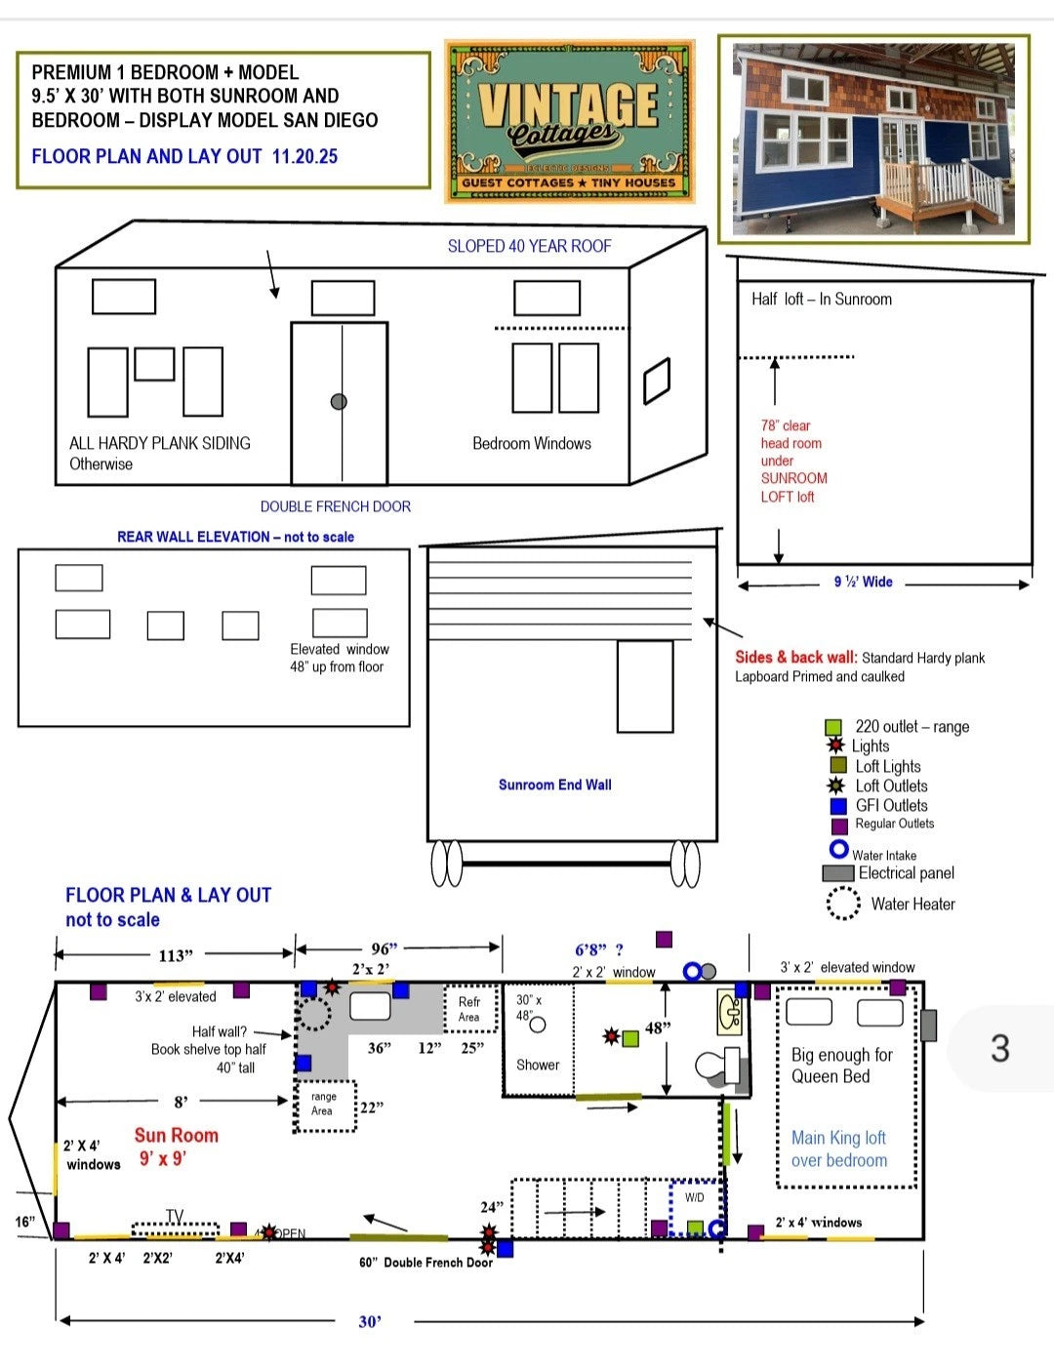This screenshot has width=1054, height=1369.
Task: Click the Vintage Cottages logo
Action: point(569,122)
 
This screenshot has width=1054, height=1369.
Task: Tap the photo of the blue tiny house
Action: point(873,140)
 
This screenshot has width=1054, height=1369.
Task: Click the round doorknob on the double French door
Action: point(339,402)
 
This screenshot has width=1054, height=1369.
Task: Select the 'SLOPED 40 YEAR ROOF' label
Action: point(529,246)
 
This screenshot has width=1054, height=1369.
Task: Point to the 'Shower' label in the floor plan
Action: point(538,1065)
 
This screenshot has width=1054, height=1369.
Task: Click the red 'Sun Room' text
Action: point(176,1135)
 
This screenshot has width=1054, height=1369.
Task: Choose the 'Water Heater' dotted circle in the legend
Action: point(843,904)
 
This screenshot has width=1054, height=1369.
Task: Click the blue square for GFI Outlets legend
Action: point(837,806)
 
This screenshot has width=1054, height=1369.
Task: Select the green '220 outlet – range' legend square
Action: point(832,727)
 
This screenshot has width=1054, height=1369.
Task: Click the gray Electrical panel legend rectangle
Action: point(837,873)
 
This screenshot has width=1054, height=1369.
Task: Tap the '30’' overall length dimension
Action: point(370,1321)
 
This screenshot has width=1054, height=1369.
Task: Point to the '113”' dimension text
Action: point(176,954)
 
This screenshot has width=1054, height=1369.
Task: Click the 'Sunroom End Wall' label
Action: point(554,785)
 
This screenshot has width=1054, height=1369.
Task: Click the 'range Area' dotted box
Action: point(326,1105)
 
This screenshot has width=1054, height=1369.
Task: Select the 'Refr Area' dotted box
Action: point(469,1010)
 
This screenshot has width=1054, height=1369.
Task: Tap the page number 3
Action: point(999,1048)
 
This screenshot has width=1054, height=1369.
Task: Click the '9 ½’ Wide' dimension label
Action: point(863,582)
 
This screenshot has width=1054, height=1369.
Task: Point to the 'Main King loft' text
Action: point(838,1138)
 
